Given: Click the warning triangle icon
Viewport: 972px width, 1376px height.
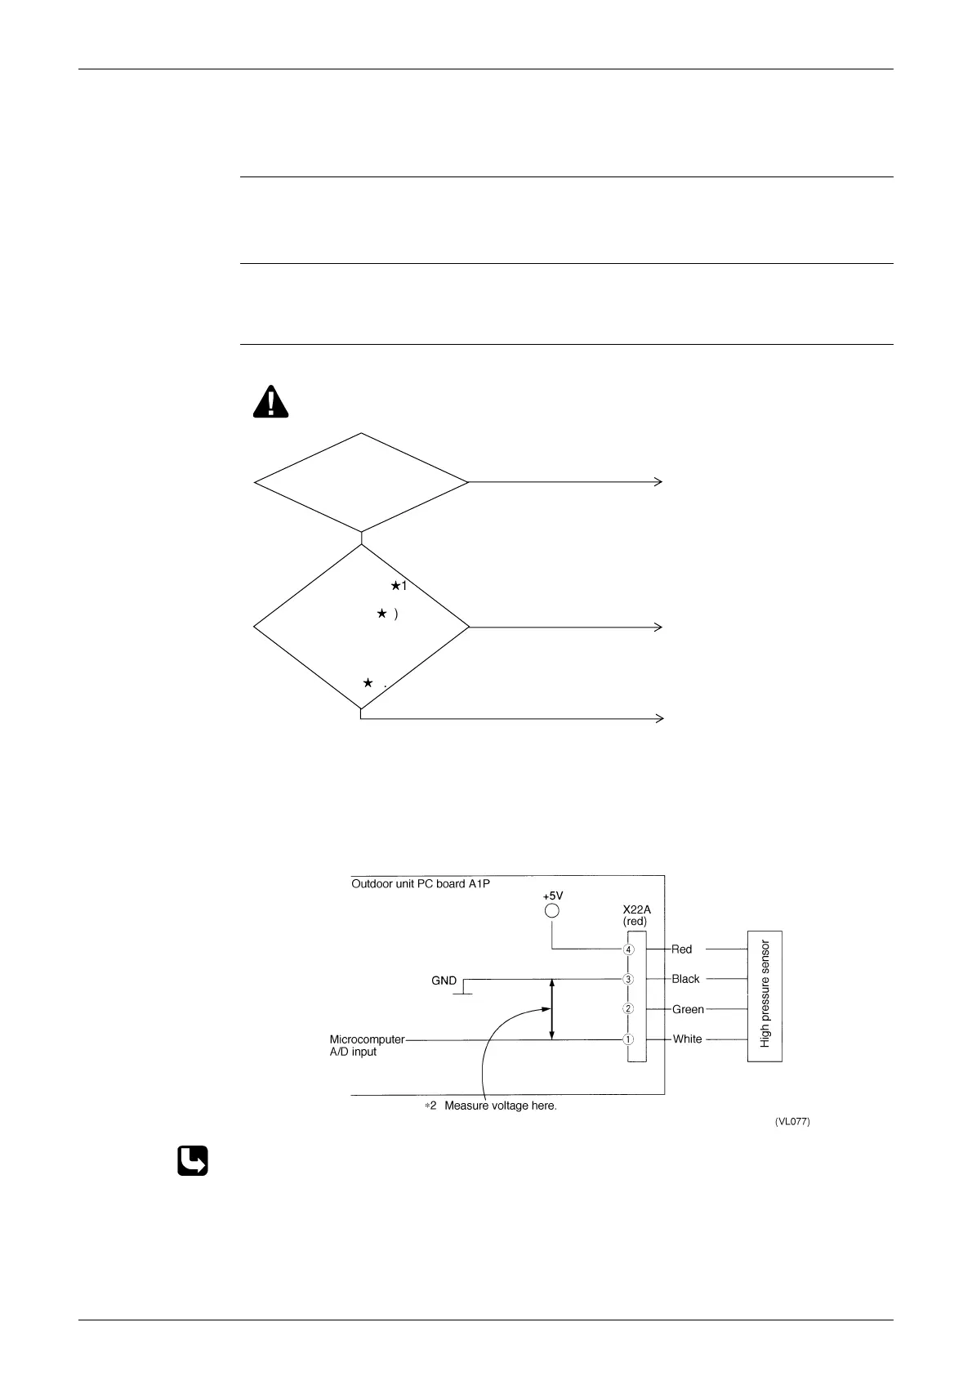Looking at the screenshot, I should point(270,402).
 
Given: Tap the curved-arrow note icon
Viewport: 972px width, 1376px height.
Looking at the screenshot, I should point(193,1161).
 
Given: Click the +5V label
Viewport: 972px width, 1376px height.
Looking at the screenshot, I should point(553,896).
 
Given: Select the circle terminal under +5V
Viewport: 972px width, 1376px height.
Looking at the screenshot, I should point(552,910).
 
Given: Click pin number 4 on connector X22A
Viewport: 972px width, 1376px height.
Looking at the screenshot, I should point(628,949).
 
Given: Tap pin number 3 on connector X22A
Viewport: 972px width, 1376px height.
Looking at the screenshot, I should point(628,979).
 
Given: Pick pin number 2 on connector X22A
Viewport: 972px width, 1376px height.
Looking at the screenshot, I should point(628,1009).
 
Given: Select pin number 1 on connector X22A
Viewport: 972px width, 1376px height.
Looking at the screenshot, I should point(628,1039).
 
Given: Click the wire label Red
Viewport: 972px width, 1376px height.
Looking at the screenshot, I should point(681,949).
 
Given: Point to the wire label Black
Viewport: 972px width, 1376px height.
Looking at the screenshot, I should point(685,979).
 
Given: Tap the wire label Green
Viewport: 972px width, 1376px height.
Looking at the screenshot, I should point(688,1009).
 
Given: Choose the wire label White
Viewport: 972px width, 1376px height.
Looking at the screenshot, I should point(687,1039).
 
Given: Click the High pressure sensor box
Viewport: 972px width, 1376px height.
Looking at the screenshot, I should point(765,995).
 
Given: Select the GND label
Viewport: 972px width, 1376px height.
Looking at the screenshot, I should point(444,981).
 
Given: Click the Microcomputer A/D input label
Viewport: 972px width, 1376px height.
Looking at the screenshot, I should point(367,1045).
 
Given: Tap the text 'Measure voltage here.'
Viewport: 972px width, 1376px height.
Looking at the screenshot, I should point(500,1106).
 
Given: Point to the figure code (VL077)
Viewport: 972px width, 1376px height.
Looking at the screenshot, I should point(791,1123).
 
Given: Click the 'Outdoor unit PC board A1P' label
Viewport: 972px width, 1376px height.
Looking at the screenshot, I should point(421,883).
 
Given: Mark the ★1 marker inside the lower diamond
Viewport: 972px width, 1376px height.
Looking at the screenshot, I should point(399,586).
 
